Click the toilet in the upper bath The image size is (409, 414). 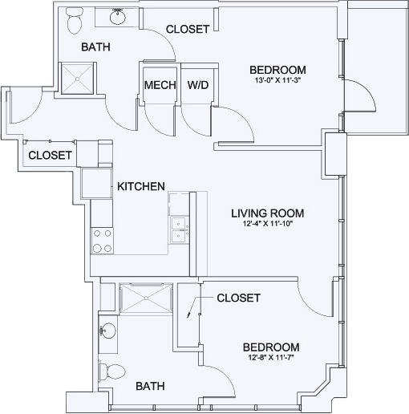pyautogui.click(x=75, y=21)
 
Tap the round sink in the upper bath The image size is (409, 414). pyautogui.click(x=117, y=17)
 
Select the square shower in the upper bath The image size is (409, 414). pyautogui.click(x=78, y=79)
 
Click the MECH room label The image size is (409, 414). pyautogui.click(x=160, y=85)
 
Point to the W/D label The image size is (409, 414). pyautogui.click(x=198, y=85)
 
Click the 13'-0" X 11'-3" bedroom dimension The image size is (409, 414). pyautogui.click(x=277, y=80)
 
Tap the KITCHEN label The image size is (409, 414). pyautogui.click(x=141, y=186)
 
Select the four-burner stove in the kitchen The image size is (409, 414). pyautogui.click(x=103, y=241)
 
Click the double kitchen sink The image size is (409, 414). pyautogui.click(x=179, y=230)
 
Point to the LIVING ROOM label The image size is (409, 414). pyautogui.click(x=268, y=213)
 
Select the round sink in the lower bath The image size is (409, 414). pyautogui.click(x=108, y=331)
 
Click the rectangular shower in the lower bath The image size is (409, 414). pyautogui.click(x=146, y=298)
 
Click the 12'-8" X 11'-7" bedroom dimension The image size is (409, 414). pyautogui.click(x=270, y=358)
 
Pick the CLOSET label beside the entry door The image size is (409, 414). pyautogui.click(x=50, y=156)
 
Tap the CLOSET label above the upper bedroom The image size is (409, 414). pyautogui.click(x=188, y=29)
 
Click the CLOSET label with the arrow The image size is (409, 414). pyautogui.click(x=238, y=298)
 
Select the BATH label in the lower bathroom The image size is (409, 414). pyautogui.click(x=150, y=386)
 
